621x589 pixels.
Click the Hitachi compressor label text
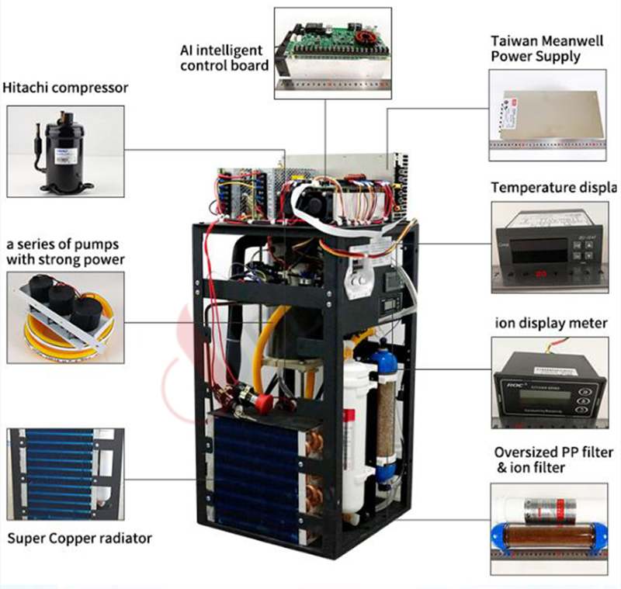pyautogui.click(x=66, y=88)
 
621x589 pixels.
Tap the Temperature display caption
pyautogui.click(x=553, y=188)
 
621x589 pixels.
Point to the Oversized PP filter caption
pyautogui.click(x=552, y=459)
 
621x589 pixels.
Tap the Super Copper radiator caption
pyautogui.click(x=80, y=538)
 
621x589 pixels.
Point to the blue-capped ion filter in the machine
pyautogui.click(x=384, y=411)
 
